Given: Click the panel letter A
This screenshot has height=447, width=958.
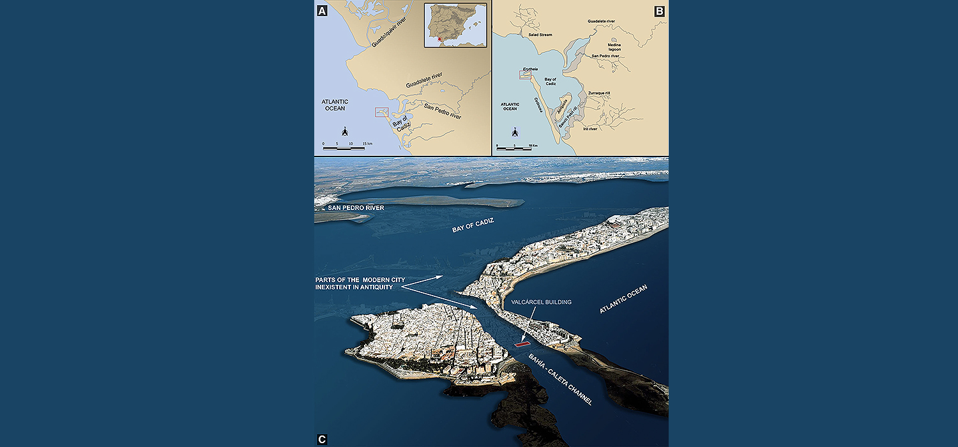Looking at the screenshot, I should point(322,10).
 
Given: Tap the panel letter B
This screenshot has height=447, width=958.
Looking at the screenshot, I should point(659,10).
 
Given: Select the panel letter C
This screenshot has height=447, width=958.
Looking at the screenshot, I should point(322,439).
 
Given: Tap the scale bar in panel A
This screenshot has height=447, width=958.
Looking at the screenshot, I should point(344,148).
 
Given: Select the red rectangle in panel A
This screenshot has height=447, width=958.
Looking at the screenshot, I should point(383,112).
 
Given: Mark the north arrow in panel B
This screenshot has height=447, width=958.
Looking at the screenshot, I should point(514,133).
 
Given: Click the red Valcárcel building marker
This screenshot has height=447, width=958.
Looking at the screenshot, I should point(523,344).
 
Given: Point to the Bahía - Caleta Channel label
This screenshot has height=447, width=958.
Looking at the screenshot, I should point(561,379).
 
